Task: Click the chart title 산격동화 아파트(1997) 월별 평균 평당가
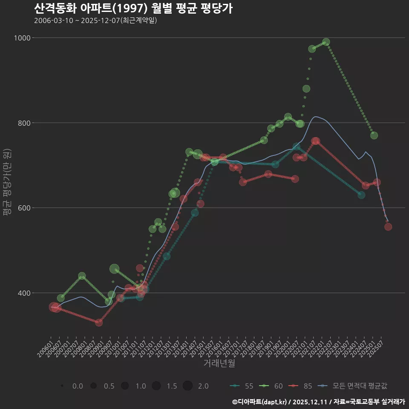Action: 133,9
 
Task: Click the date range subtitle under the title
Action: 95,20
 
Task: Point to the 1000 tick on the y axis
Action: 22,38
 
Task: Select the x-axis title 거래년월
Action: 219,363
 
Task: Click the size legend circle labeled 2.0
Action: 187,386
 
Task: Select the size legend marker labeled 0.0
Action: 62,386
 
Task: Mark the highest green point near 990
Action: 326,42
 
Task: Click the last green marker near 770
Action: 374,135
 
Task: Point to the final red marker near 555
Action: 388,227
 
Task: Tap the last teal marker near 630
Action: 361,195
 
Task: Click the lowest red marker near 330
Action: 99,323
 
